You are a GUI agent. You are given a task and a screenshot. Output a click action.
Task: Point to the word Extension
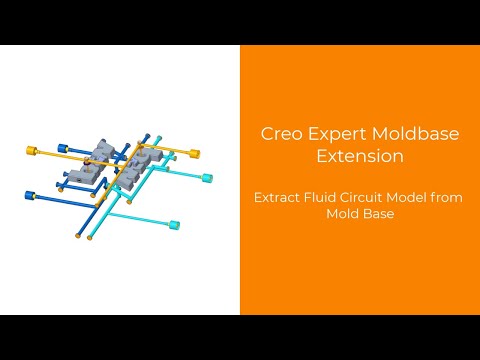359,156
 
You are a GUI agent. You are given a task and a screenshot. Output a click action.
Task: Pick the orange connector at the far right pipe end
196,153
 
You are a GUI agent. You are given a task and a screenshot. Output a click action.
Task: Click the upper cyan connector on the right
208,178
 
